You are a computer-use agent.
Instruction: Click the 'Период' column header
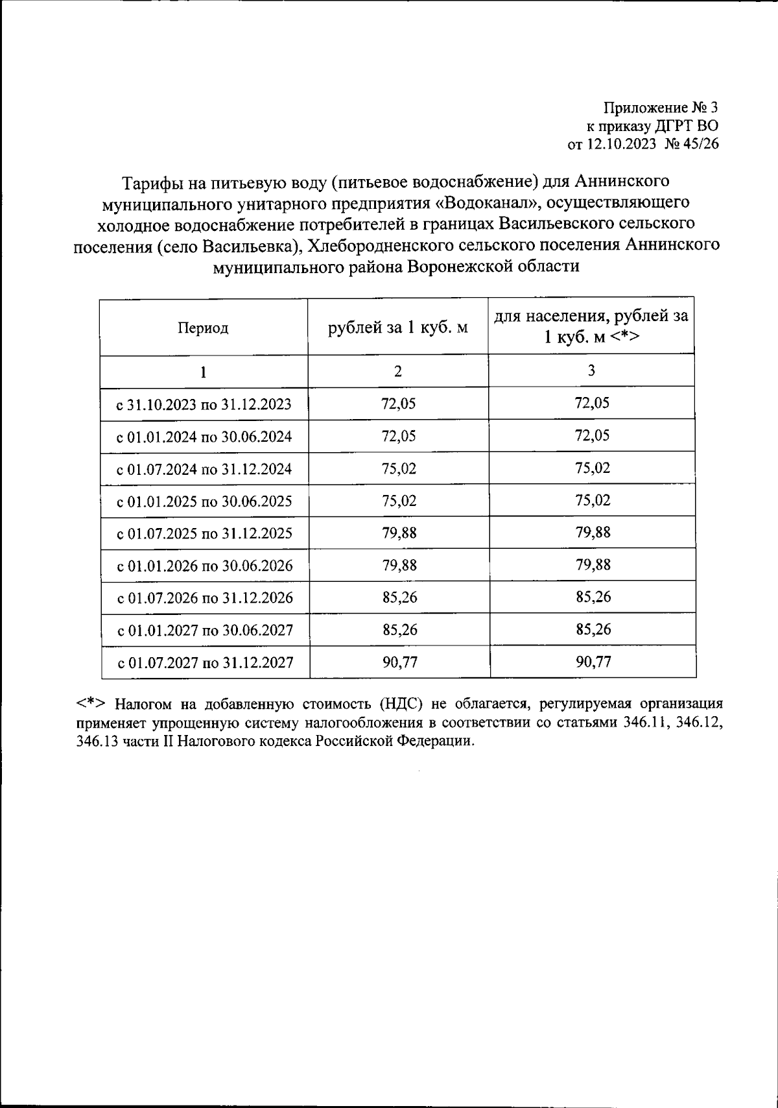click(x=203, y=328)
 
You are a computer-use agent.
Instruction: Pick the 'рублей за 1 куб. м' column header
click(x=397, y=327)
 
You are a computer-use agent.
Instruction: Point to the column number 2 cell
click(x=397, y=371)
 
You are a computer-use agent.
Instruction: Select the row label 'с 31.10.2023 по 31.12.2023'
click(x=204, y=405)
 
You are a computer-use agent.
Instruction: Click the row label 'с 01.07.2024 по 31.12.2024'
click(x=204, y=469)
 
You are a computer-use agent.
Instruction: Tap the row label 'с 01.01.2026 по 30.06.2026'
click(x=204, y=566)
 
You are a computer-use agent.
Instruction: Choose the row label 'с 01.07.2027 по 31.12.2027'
click(x=205, y=663)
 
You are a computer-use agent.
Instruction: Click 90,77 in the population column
click(x=593, y=662)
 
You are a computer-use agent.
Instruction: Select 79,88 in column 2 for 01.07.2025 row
click(x=399, y=533)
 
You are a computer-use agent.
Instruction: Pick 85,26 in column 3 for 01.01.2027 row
click(x=593, y=629)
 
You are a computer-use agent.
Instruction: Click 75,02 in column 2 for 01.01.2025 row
click(x=399, y=501)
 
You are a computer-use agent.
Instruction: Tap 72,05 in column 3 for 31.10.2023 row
click(x=591, y=403)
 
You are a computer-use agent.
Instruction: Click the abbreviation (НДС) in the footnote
click(x=401, y=704)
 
